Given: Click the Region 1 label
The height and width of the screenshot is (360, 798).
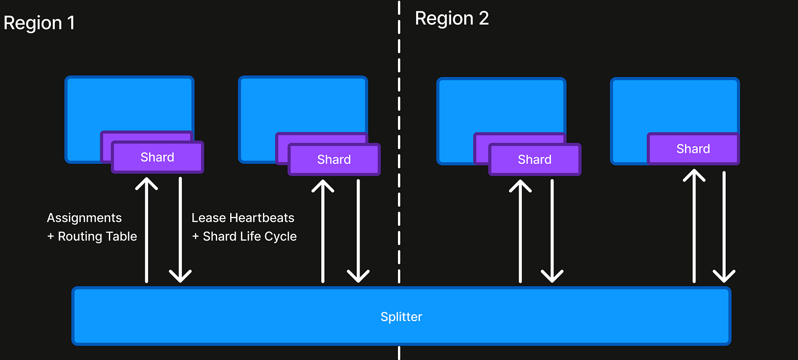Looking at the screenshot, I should (39, 23).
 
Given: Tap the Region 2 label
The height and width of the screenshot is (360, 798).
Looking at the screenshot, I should (452, 19).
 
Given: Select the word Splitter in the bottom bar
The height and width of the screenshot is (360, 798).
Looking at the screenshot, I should (401, 317).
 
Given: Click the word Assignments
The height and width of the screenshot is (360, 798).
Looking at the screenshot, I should (84, 218).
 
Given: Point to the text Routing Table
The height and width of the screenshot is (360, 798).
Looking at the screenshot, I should (98, 237).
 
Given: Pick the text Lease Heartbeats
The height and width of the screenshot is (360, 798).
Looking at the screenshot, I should (243, 218).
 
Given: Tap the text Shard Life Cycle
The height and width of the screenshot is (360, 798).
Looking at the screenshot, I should (250, 237).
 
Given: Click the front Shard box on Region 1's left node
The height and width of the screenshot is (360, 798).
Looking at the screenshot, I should (157, 157).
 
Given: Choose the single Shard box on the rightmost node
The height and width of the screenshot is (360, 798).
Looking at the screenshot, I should (693, 149).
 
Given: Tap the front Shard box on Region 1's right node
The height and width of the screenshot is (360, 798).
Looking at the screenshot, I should (334, 159).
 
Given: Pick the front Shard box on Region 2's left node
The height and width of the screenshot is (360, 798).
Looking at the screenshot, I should (534, 159).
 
